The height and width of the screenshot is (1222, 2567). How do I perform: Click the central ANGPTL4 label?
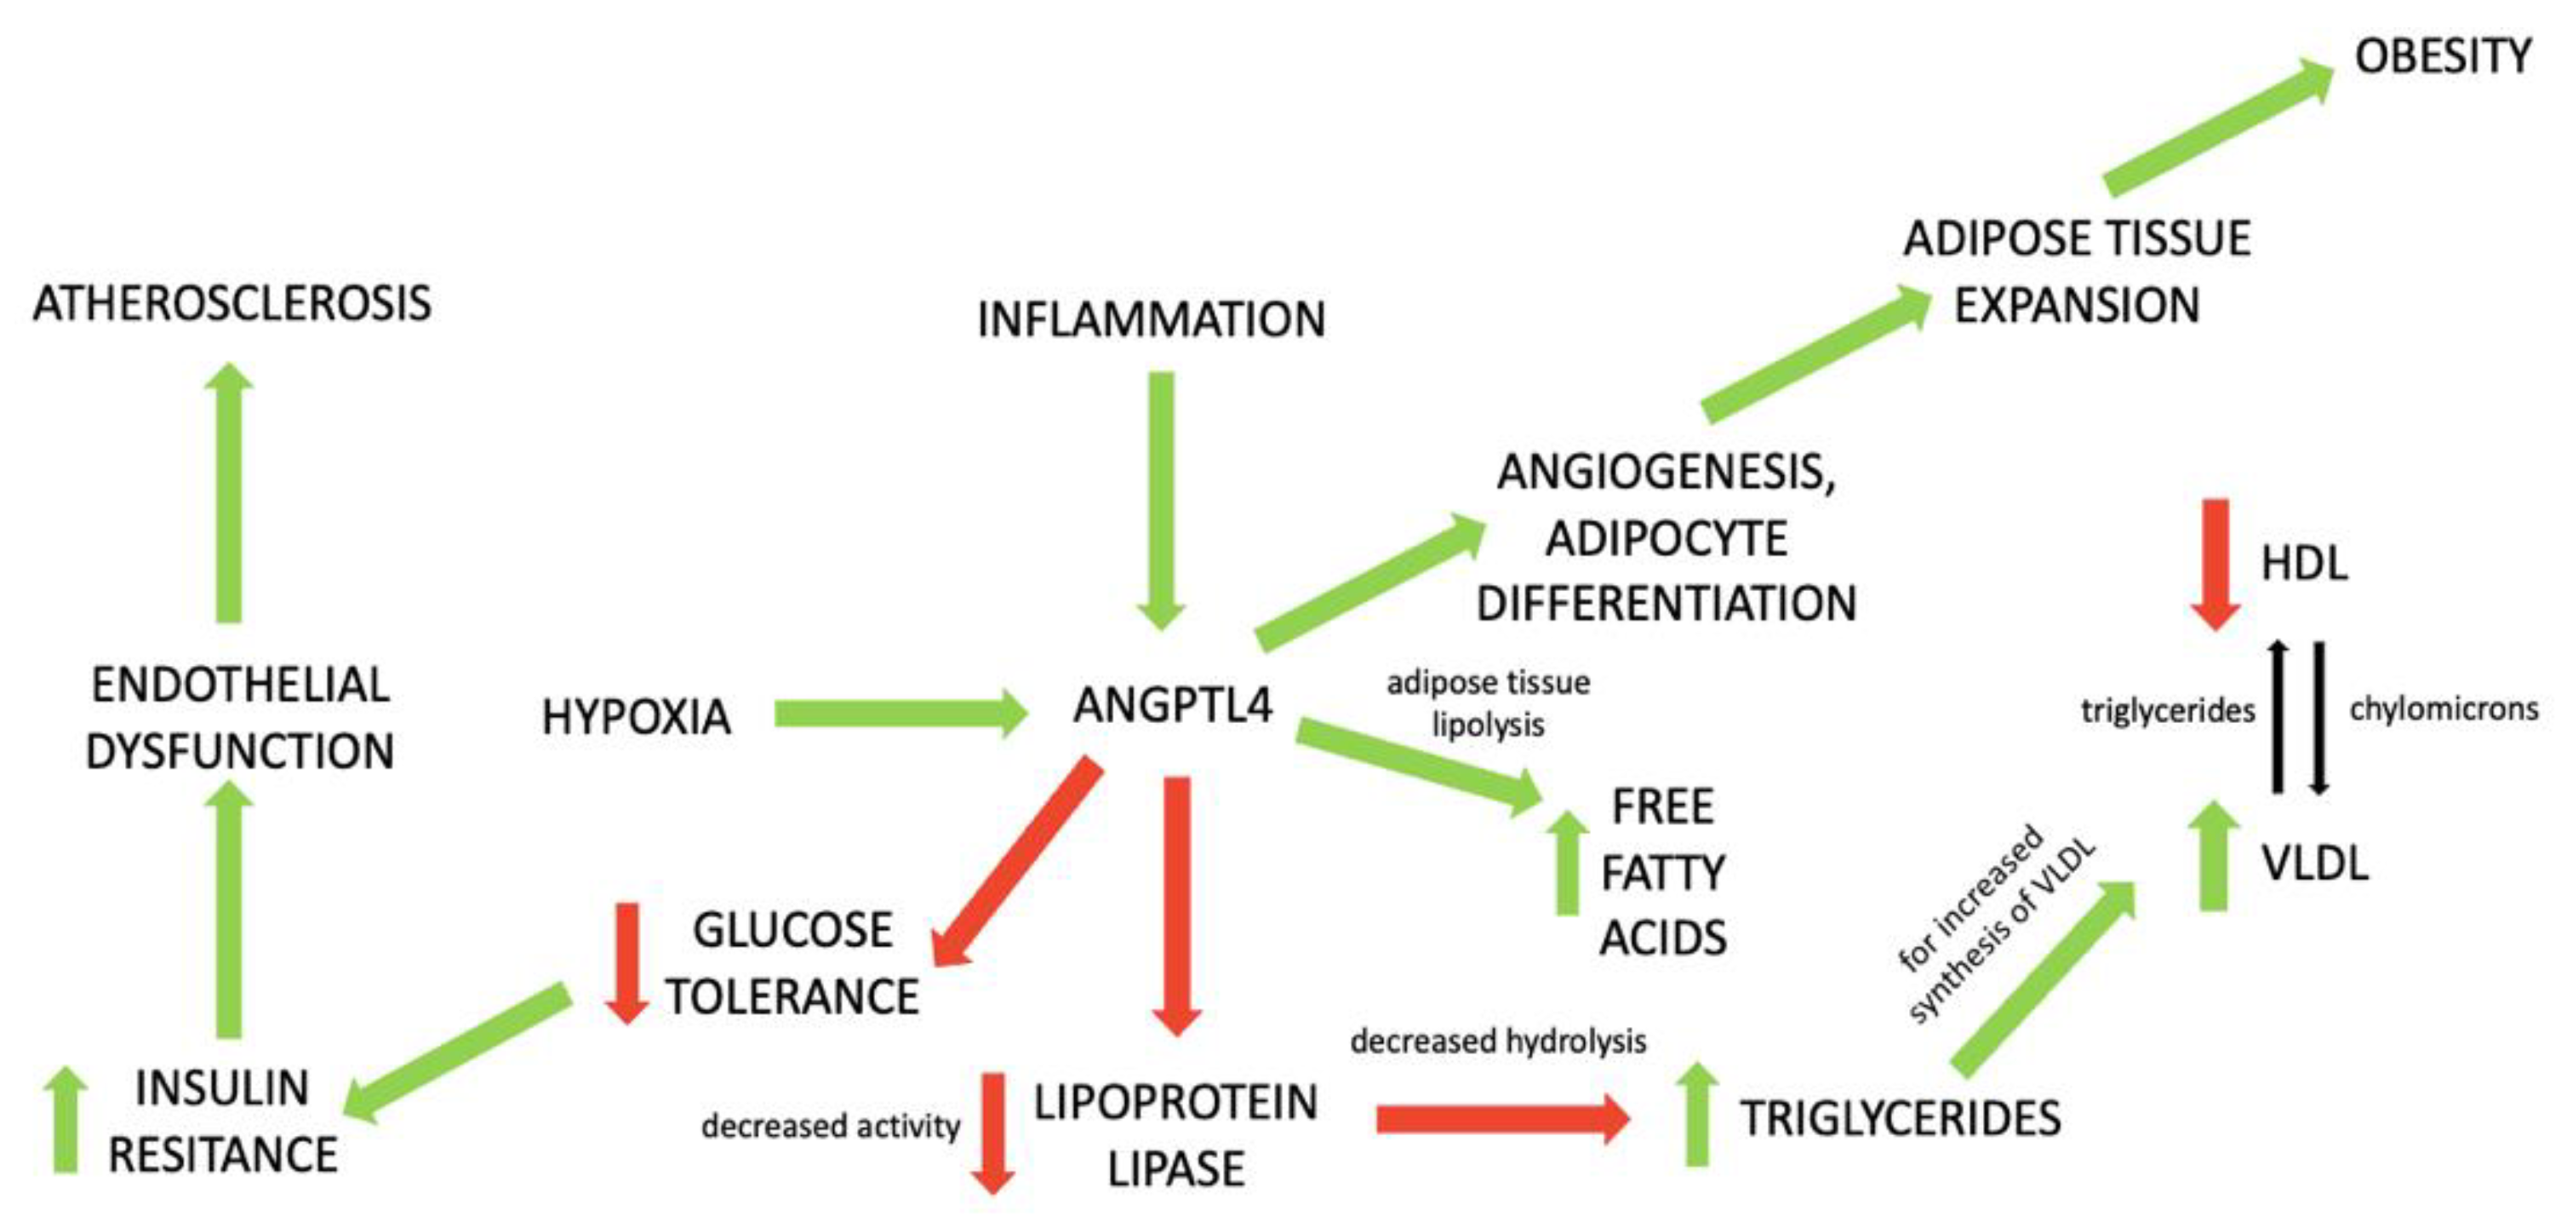click(x=1172, y=706)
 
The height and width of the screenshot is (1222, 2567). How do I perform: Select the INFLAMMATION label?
click(x=1151, y=320)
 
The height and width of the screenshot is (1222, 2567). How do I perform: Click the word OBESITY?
click(x=2441, y=56)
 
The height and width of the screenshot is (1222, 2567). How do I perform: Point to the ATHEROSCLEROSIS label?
click(x=232, y=303)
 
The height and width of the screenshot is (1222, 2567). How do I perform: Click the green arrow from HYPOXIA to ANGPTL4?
click(x=897, y=714)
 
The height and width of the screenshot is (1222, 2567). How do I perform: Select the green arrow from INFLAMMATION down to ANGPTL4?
click(x=1161, y=498)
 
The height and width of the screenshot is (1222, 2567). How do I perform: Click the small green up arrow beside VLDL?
click(x=2213, y=858)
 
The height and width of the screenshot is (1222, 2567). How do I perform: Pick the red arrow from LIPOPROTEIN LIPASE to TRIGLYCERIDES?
click(x=1500, y=1118)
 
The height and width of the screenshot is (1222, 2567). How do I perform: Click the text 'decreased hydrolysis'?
click(x=1498, y=1041)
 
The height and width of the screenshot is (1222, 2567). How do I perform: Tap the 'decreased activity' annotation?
click(x=830, y=1127)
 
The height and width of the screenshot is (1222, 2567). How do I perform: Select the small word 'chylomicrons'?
click(x=2444, y=709)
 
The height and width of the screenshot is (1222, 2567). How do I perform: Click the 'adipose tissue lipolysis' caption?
click(x=1488, y=703)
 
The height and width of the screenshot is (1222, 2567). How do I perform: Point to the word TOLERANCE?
click(x=792, y=996)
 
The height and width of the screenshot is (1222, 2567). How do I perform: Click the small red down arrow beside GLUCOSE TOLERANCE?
click(x=626, y=962)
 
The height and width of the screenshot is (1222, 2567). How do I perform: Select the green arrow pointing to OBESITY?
click(x=2217, y=125)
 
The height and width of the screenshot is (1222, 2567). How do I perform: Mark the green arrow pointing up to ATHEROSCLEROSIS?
click(x=229, y=493)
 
